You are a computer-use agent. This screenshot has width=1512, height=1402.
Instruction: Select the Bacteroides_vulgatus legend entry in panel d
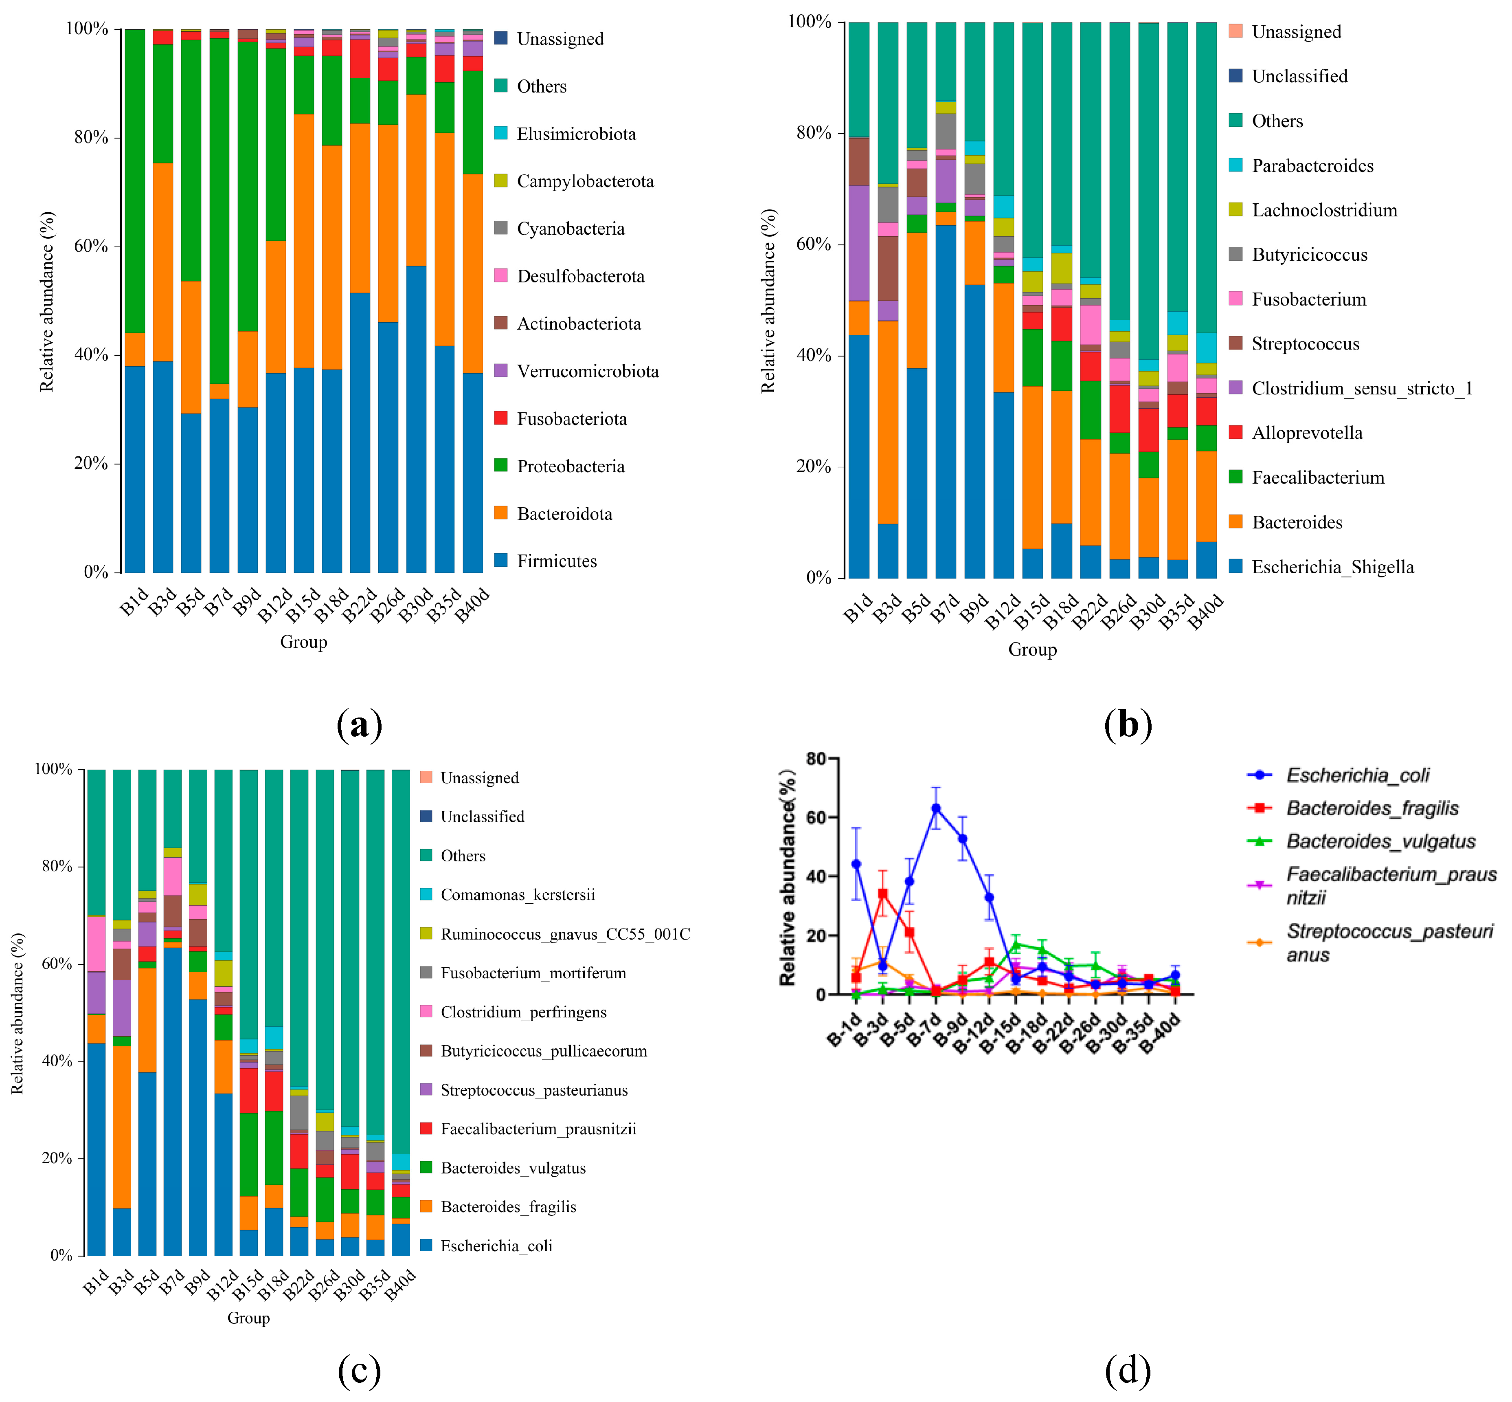pyautogui.click(x=1380, y=841)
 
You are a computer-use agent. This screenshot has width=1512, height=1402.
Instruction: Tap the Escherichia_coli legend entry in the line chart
pyautogui.click(x=1357, y=775)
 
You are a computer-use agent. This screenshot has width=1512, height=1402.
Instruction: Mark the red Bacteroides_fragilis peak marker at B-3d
pyautogui.click(x=882, y=894)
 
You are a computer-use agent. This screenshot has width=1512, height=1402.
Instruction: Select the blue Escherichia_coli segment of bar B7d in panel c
pyautogui.click(x=172, y=1100)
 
